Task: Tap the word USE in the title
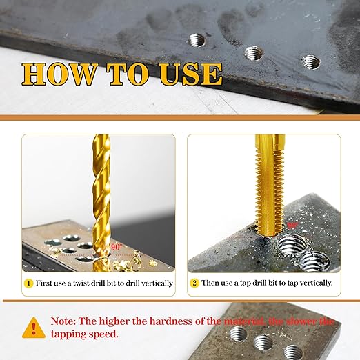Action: coord(191,74)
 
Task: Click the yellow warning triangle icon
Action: coord(34,328)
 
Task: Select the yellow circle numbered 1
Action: coord(28,283)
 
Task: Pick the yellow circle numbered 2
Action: coord(194,283)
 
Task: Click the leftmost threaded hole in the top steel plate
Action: coord(197,40)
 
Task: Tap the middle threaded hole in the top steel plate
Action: coord(254,53)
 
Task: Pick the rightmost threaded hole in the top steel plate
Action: coord(311,62)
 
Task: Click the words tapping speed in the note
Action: coord(85,334)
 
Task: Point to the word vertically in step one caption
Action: coord(157,283)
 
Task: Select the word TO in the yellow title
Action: coord(128,74)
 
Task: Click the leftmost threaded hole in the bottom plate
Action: coord(238,333)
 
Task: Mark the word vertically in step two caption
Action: coord(317,283)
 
